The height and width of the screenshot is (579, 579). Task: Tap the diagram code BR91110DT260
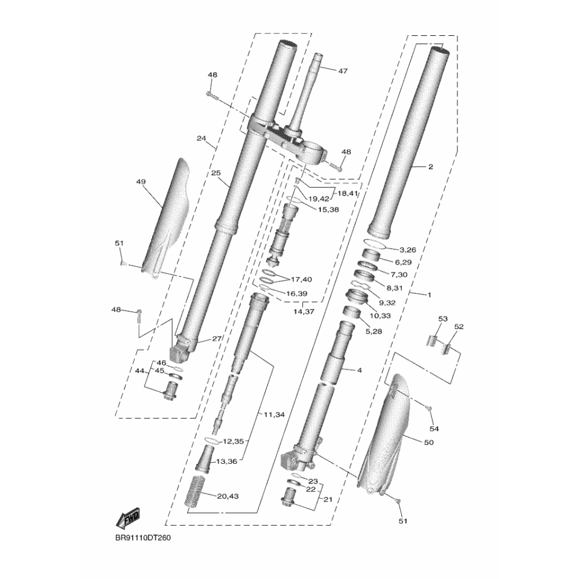(143, 538)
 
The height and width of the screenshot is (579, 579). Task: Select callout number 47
(343, 71)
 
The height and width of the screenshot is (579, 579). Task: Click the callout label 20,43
(228, 496)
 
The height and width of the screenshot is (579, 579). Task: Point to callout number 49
(141, 182)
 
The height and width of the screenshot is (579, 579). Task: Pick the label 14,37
(304, 312)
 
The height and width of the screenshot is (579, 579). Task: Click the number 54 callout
(434, 428)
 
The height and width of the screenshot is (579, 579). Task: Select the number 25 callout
(216, 173)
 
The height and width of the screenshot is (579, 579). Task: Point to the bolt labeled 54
(428, 408)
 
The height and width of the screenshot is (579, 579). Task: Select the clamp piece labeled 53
(433, 340)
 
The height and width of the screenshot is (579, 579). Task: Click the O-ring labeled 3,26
(375, 244)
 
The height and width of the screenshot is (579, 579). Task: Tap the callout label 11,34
(274, 415)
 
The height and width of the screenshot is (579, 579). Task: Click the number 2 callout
(430, 167)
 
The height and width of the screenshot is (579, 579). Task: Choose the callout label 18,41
(347, 193)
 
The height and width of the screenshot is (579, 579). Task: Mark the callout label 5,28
(373, 331)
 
